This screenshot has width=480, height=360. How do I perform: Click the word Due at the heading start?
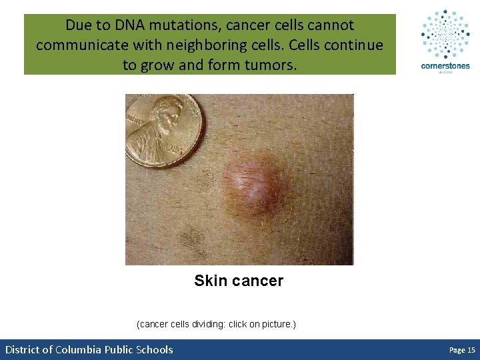[x=77, y=25]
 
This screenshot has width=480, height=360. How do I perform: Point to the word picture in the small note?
[x=279, y=325]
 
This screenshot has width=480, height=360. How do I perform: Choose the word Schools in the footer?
[x=154, y=349]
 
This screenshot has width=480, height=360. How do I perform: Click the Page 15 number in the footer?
[x=462, y=350]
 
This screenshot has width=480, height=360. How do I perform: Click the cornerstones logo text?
[x=445, y=66]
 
